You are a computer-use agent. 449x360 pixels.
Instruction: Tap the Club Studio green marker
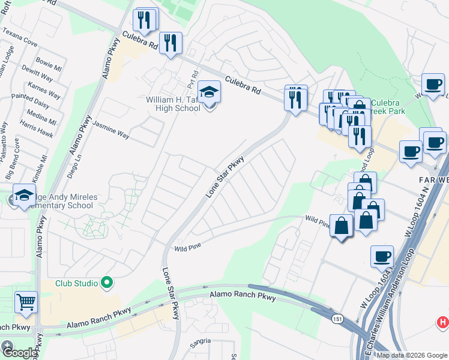[x=107, y=281]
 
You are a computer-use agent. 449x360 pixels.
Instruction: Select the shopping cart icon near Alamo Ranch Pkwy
[x=26, y=303]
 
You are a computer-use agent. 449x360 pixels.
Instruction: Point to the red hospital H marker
[x=443, y=323]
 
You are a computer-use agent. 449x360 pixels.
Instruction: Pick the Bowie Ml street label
[x=48, y=62]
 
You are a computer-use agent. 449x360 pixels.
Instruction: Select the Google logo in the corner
[x=19, y=353]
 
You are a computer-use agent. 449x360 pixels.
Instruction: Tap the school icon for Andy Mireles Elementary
[x=25, y=196]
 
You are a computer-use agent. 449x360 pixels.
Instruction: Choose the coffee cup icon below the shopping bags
[x=382, y=257]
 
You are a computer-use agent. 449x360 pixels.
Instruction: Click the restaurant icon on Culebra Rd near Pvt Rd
[x=170, y=42]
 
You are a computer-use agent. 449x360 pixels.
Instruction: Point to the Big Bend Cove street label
[x=13, y=159]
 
